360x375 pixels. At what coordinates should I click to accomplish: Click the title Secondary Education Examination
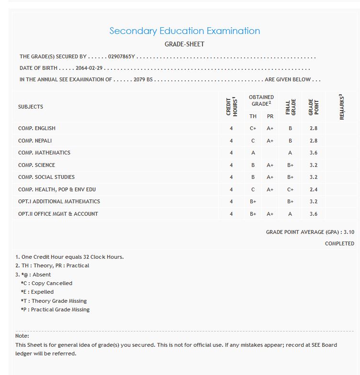tap(184, 31)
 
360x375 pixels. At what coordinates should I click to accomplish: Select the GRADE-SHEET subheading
tap(184, 44)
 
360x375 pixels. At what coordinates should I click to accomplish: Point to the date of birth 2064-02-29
tap(90, 68)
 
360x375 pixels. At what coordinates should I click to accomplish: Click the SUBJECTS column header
tap(31, 107)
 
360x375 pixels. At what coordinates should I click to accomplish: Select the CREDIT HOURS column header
tap(231, 107)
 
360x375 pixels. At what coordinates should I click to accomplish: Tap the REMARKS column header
tap(342, 107)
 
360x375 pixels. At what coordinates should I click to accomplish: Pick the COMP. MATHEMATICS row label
tap(44, 153)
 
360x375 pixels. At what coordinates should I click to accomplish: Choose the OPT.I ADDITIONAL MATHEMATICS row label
tap(59, 201)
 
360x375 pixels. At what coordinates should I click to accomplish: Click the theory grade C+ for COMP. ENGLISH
tap(253, 128)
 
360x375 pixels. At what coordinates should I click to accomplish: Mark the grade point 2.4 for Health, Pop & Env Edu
tap(314, 189)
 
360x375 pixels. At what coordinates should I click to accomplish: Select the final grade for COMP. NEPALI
tap(290, 141)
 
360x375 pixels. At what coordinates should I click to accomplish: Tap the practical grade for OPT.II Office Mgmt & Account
tap(270, 214)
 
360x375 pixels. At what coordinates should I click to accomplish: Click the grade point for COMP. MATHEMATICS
tap(314, 153)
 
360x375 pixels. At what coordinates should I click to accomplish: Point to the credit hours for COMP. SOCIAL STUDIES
tap(231, 177)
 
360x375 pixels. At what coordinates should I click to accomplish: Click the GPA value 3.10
tap(349, 232)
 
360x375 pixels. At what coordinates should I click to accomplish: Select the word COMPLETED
tap(339, 243)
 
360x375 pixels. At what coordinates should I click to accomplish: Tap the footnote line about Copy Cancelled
tap(46, 283)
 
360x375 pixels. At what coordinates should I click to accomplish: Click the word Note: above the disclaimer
tap(22, 336)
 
